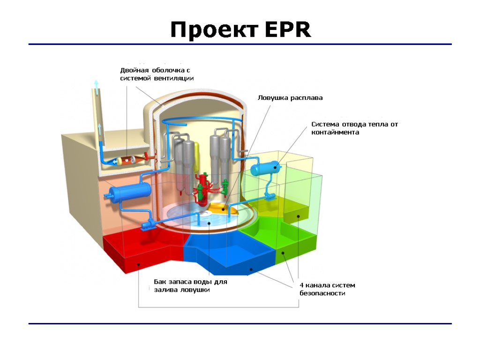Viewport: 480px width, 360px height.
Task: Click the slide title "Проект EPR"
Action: pyautogui.click(x=240, y=30)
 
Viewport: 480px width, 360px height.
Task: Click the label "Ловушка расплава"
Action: pyautogui.click(x=290, y=98)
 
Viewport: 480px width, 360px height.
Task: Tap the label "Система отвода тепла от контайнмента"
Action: pyautogui.click(x=354, y=128)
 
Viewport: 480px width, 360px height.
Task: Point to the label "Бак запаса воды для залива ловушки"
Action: pyautogui.click(x=190, y=286)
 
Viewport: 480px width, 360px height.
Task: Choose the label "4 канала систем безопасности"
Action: pyautogui.click(x=327, y=289)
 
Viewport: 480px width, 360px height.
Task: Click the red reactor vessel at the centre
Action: pyautogui.click(x=203, y=187)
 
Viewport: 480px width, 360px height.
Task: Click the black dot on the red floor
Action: pyautogui.click(x=139, y=264)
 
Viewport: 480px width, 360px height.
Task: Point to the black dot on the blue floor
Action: pyautogui.click(x=251, y=269)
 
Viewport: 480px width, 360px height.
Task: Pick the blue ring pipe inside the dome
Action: pyautogui.click(x=197, y=120)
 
